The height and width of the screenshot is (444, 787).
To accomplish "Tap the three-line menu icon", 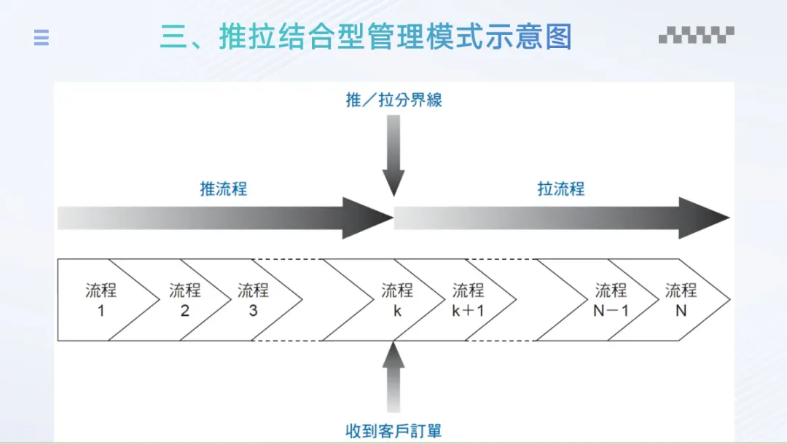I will [x=42, y=37].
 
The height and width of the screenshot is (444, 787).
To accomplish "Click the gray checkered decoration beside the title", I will [x=697, y=34].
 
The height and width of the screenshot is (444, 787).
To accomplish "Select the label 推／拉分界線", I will [x=393, y=100].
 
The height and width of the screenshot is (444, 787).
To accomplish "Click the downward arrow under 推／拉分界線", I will [x=393, y=156].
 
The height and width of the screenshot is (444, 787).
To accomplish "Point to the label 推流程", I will [x=224, y=189].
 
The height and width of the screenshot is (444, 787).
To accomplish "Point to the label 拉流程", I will [x=561, y=189].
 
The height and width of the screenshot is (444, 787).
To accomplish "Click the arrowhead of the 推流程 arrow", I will [x=368, y=218].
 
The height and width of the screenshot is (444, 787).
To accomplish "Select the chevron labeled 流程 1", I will [x=101, y=299].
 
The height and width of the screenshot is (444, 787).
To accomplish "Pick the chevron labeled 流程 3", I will [x=253, y=299].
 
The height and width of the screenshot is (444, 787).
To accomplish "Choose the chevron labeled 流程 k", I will [x=397, y=299].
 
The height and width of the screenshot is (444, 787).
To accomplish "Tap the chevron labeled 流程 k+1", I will [x=468, y=299].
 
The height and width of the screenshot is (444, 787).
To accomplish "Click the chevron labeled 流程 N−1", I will [x=611, y=299].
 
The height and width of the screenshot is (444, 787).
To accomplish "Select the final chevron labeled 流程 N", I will [x=681, y=299].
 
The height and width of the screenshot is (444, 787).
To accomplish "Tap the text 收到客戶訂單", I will [x=393, y=430].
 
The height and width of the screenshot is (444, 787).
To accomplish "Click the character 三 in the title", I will [x=173, y=37].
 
